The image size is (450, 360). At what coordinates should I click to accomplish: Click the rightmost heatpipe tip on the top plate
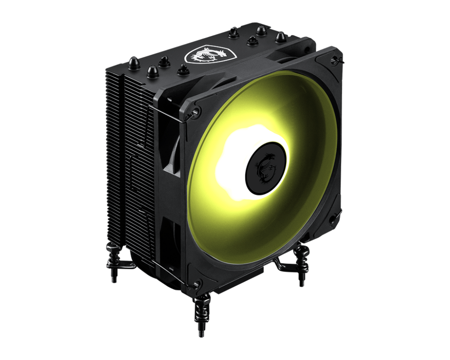coord(281,37)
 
